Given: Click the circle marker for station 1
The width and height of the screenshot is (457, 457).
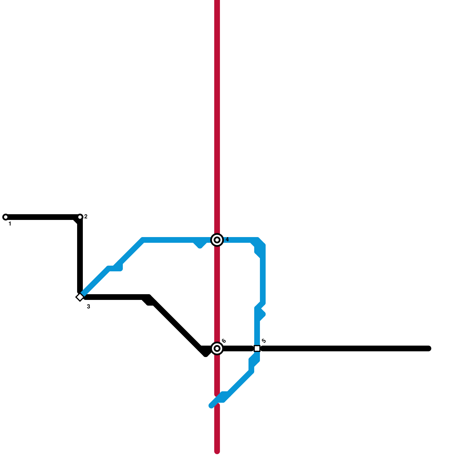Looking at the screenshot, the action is click(5, 217).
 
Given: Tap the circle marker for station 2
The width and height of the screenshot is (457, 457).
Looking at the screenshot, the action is click(80, 217).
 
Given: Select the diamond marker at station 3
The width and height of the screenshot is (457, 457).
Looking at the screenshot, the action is click(80, 297).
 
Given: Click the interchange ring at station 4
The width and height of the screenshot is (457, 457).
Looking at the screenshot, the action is click(217, 240).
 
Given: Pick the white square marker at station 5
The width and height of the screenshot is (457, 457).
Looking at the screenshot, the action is click(257, 348).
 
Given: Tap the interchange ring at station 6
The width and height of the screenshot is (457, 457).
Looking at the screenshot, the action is click(217, 348).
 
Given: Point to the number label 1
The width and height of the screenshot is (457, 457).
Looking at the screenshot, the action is click(10, 224).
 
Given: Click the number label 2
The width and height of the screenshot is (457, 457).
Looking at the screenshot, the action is click(86, 217).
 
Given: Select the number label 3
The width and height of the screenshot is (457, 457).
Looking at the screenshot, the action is click(89, 306).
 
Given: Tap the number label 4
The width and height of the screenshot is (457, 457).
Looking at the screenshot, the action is click(227, 239).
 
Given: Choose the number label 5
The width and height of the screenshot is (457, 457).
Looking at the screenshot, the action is click(264, 341).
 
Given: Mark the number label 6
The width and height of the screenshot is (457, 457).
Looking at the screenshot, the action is click(224, 341).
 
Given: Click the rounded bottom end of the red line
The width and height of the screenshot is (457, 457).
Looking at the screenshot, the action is click(217, 451).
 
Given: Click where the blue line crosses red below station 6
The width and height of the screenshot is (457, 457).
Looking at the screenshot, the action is click(217, 400).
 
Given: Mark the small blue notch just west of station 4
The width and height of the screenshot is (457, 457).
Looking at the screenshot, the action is click(200, 245).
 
